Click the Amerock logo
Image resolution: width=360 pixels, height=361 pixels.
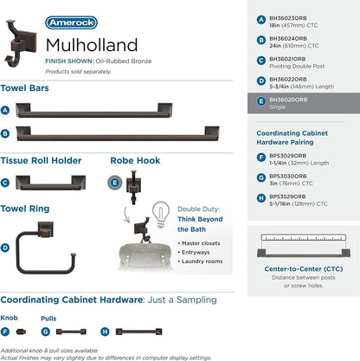pos(71,23)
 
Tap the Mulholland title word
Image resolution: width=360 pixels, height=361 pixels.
pos(92,45)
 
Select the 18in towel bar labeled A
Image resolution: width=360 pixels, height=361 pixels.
pos(94,110)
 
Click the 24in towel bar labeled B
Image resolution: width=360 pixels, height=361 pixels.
pos(118,133)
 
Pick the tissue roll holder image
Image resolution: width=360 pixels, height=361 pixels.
pos(50,183)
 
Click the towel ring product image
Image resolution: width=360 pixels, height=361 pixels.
pos(46,248)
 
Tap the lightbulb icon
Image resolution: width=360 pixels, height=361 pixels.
pos(161,214)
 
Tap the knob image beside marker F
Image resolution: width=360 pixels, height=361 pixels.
pos(21,332)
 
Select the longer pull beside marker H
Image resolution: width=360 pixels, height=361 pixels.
pos(138,332)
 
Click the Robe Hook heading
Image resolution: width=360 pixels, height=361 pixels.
pos(135,160)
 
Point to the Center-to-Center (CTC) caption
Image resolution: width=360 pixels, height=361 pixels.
pos(304,269)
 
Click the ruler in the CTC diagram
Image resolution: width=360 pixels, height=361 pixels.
pos(304,237)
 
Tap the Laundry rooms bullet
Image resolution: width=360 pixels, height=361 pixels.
pos(200,261)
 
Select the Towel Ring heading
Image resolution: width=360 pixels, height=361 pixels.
pos(25,209)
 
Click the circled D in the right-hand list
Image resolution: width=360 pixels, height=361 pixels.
pos(261,81)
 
